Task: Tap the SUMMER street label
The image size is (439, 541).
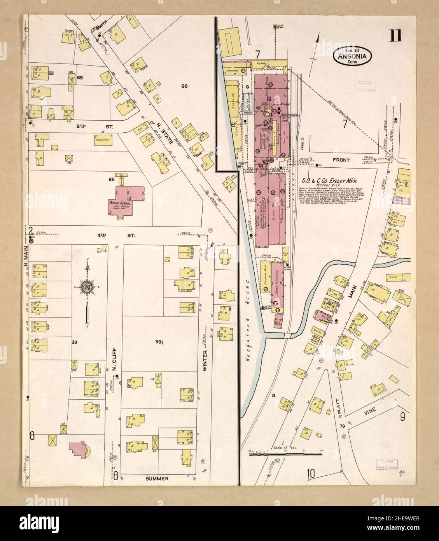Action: (157, 478)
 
